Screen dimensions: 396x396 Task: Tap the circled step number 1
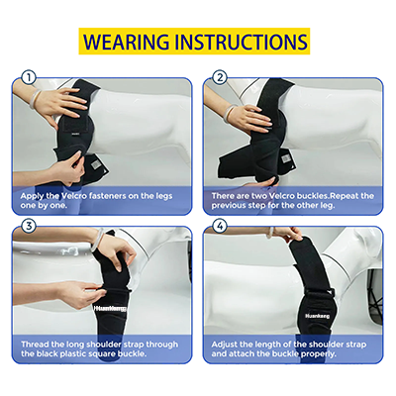(x=29, y=76)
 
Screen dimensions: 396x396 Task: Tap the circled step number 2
(x=220, y=76)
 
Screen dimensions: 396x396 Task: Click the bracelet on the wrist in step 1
(x=37, y=99)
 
